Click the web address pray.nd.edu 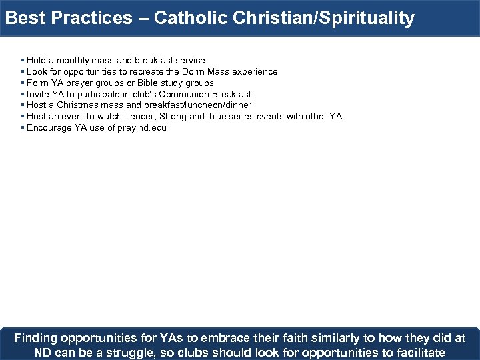[x=143, y=128]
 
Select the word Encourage [x=49, y=128]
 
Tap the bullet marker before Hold [x=23, y=61]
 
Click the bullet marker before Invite [x=23, y=95]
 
